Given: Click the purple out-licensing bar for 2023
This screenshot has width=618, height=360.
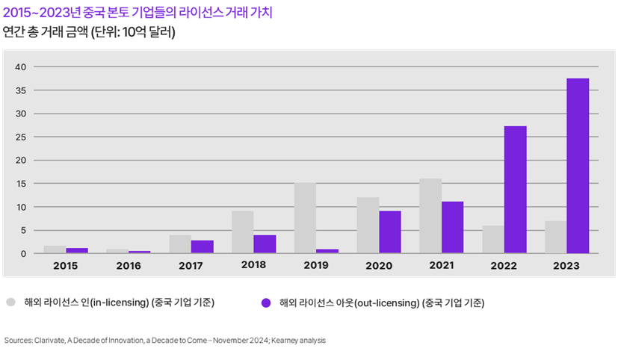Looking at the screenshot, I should coord(577,166).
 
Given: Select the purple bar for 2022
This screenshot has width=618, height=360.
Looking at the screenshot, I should coord(515,190).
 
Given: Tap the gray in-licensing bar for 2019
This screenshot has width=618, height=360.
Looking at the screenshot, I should coord(305,218).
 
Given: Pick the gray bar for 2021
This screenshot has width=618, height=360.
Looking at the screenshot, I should coord(430,216).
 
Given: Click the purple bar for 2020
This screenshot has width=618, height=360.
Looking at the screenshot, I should coord(389,232).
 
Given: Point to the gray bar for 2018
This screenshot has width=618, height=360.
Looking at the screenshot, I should coord(243,232).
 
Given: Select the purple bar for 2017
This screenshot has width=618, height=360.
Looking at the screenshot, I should coord(203,246).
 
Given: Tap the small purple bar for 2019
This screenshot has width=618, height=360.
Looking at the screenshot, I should coord(327,251).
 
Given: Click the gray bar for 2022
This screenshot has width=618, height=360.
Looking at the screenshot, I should coord(492,239).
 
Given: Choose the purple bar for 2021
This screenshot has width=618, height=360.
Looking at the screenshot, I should coord(452,227).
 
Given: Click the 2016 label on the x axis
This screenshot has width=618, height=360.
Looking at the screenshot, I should coord(129,265).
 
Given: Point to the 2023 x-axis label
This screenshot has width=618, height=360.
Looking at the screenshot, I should coord(566,265).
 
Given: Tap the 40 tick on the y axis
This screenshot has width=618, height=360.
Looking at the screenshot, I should coord(20,67).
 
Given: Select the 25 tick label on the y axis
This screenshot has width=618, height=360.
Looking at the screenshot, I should coord(20,137).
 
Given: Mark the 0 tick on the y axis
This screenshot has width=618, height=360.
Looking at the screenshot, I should coord(23,254).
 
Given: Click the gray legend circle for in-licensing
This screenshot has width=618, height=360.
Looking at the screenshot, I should coord(11,302).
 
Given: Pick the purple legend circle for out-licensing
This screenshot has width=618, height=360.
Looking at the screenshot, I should coord(265,302).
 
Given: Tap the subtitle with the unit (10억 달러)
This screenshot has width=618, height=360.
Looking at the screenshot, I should coord(89,32).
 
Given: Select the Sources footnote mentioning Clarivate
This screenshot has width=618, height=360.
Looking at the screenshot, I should coord(164,340).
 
